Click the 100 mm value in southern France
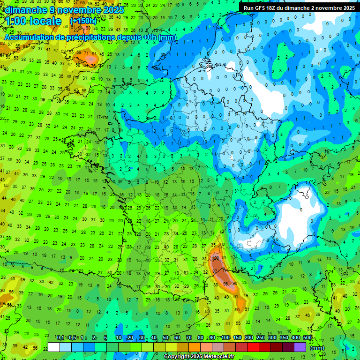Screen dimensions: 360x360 click(216, 258)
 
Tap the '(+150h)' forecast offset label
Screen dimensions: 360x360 click(83, 21)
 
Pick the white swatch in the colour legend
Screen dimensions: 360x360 click(54, 347)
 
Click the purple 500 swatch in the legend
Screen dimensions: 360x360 click(300, 347)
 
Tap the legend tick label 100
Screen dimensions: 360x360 click(225, 338)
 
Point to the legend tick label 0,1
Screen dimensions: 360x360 click(60, 338)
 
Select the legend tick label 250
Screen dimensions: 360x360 click(260, 338)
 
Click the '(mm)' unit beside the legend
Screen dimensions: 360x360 click(317, 348)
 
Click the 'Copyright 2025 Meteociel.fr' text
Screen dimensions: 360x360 click(199, 357)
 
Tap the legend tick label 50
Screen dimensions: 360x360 click(165, 338)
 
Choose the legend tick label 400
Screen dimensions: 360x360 click(295, 338)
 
